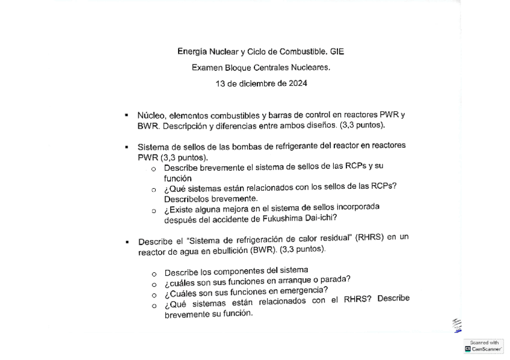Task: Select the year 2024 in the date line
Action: tap(297, 84)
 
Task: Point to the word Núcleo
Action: tap(151, 115)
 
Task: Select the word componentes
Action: tap(238, 271)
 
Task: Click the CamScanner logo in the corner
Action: tap(484, 346)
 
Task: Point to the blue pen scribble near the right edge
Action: tap(457, 325)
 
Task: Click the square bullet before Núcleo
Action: tap(127, 115)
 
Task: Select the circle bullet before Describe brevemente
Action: tap(154, 169)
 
